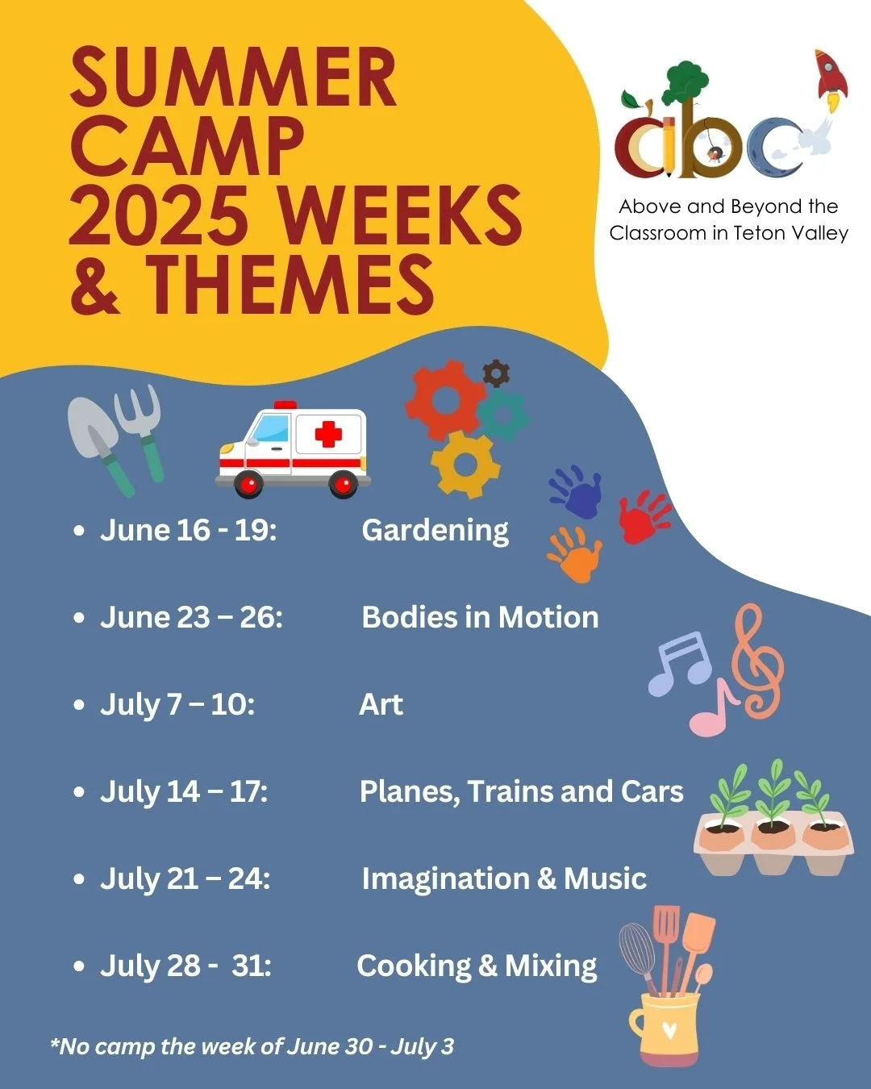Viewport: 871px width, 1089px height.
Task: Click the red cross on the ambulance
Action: click(328, 435)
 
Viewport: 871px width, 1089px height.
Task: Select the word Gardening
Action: click(435, 530)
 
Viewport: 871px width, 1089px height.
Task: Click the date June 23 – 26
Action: click(191, 617)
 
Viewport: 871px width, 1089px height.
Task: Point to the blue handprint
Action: click(577, 490)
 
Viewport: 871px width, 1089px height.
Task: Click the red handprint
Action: click(644, 515)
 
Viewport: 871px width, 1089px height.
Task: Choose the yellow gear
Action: click(465, 465)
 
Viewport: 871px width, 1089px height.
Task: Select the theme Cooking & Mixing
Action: click(477, 966)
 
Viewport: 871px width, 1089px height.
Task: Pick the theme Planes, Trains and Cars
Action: click(521, 791)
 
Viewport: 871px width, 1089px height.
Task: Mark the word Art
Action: click(381, 704)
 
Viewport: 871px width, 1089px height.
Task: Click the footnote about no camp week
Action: click(252, 1046)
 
